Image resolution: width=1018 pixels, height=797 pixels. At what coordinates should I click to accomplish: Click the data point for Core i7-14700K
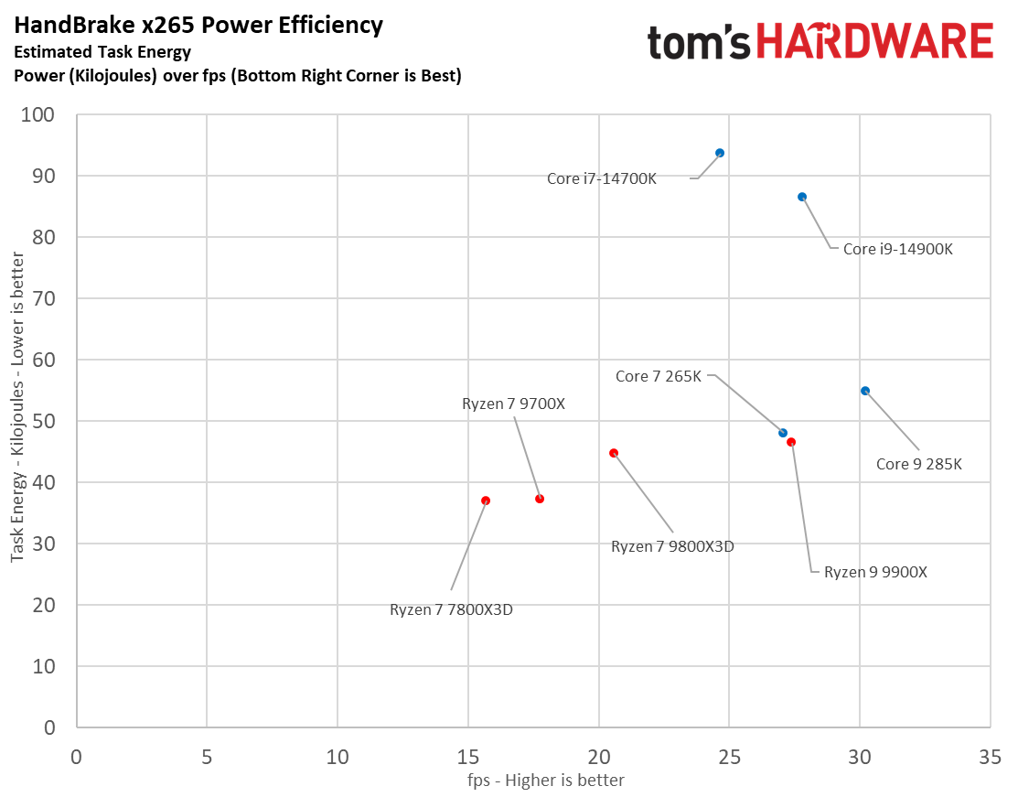[720, 153]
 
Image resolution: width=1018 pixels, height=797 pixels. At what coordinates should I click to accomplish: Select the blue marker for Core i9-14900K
[802, 197]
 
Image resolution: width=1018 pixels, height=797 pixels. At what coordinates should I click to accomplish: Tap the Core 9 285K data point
[865, 391]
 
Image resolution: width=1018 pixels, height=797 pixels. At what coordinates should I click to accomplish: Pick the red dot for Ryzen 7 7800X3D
[486, 501]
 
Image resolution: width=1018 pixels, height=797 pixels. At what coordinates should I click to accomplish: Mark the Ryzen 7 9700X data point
[540, 499]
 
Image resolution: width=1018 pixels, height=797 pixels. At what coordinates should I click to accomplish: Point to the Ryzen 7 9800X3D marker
[614, 453]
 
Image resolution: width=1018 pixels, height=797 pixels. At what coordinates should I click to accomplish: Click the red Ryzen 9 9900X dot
[791, 442]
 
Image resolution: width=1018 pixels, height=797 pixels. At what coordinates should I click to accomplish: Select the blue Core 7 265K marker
[783, 433]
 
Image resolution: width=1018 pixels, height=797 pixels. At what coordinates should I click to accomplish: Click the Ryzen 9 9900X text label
[875, 572]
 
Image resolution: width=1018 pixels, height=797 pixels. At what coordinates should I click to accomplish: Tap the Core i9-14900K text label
[897, 248]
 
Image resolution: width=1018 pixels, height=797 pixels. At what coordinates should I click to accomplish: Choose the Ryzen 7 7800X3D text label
[451, 609]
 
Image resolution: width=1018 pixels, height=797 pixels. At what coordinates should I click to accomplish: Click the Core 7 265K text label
[659, 376]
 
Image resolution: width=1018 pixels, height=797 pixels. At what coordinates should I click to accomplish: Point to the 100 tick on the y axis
[43, 115]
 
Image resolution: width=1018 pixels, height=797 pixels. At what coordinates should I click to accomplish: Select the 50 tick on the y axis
[47, 422]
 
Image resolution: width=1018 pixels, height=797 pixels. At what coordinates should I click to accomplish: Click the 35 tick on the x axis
[990, 758]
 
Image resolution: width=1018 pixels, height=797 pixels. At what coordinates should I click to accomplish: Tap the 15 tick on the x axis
[468, 758]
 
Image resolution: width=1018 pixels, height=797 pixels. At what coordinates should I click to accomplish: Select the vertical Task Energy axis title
[18, 421]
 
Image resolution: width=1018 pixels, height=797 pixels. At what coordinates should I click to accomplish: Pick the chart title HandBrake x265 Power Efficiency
[198, 26]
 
